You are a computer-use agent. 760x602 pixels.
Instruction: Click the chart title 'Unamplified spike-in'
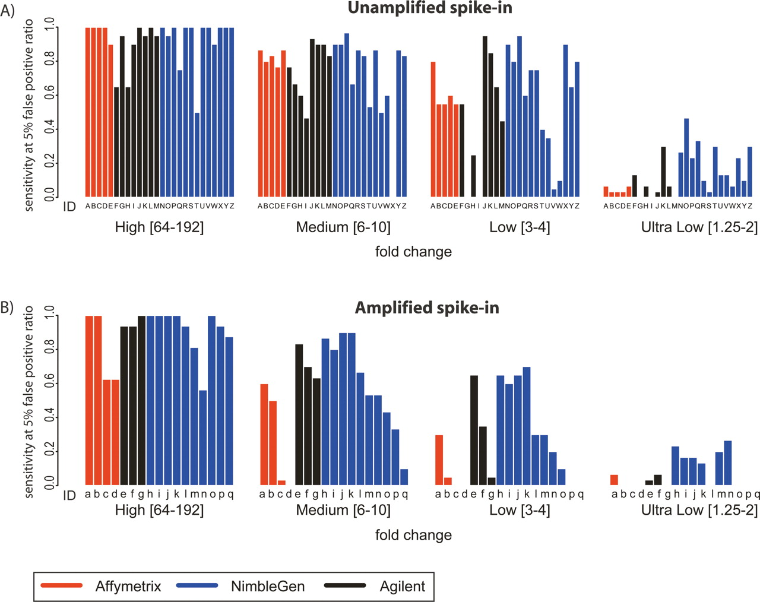pos(429,8)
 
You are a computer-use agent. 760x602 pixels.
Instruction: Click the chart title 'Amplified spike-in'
pos(426,308)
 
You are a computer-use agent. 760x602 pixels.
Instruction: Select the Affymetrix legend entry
pos(128,587)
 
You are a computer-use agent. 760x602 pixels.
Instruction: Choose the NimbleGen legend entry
pos(267,587)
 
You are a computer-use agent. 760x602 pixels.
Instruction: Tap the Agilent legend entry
pos(402,587)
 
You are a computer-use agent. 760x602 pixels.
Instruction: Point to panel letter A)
pos(8,11)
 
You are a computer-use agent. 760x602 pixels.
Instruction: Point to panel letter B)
pos(8,308)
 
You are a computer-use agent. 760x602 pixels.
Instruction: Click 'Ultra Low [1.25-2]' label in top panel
pos(699,227)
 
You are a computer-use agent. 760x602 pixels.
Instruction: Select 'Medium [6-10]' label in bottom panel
pos(343,510)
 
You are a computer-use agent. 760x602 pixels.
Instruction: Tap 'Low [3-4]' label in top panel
pos(520,227)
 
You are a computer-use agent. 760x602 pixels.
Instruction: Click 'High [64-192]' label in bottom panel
pos(159,510)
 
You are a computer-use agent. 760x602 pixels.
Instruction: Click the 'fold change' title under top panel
pos(413,252)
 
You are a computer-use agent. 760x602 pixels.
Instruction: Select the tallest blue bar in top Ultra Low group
pos(686,157)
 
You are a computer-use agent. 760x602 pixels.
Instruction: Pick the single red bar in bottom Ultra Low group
pos(614,480)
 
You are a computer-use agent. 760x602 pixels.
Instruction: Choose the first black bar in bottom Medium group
pos(299,414)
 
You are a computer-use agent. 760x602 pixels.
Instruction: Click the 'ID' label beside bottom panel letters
pos(69,495)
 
